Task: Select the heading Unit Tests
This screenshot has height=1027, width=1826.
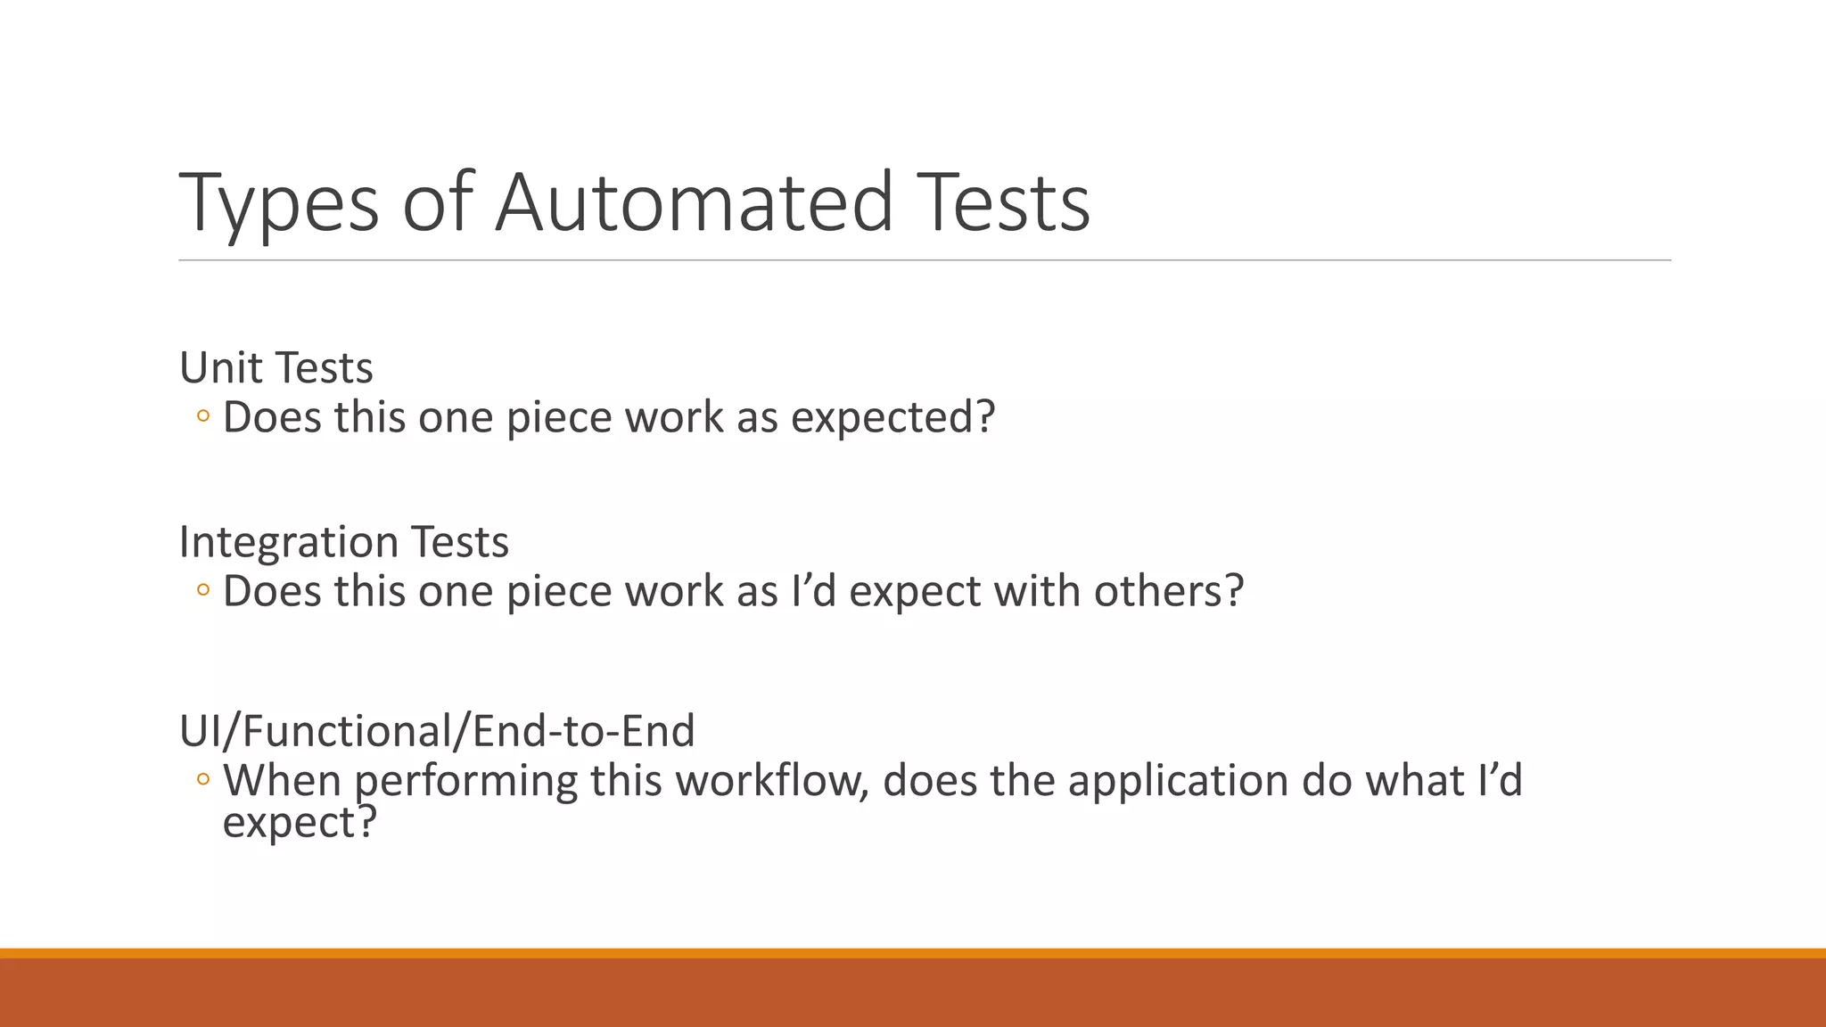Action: point(276,367)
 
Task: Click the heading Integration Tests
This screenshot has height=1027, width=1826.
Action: point(344,541)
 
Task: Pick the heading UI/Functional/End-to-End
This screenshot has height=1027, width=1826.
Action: point(437,731)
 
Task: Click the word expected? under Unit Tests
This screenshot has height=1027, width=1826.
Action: point(892,417)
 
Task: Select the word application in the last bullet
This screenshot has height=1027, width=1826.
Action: point(1178,780)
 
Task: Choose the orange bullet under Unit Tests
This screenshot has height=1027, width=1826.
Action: point(203,416)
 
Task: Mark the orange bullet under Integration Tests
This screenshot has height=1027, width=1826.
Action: point(203,590)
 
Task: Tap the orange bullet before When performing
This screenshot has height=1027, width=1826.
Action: point(203,780)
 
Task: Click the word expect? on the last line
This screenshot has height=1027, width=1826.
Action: point(300,822)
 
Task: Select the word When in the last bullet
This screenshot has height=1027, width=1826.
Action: point(282,780)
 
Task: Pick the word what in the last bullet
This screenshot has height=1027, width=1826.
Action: point(1416,780)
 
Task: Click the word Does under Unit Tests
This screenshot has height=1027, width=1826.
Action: point(272,417)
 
